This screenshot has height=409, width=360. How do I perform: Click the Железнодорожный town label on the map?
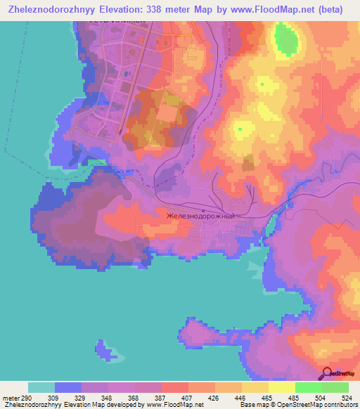point(209,216)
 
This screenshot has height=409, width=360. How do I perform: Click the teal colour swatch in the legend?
point(41,387)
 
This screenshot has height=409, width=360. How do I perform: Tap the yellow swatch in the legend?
point(282,387)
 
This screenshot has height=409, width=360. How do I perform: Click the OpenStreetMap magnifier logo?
point(326,373)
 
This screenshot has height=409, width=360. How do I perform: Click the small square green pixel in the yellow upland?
point(263,84)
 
